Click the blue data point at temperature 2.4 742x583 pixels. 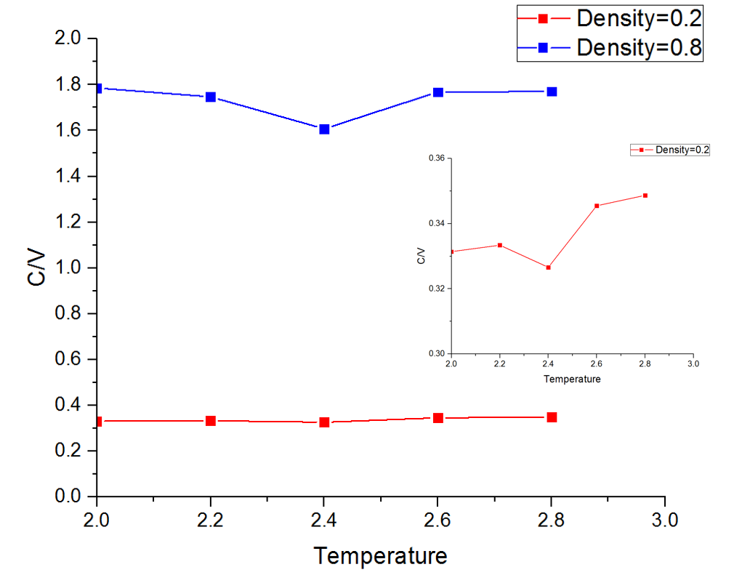tap(324, 129)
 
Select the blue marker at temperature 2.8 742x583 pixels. tap(552, 92)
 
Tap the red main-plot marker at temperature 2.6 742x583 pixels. tap(438, 418)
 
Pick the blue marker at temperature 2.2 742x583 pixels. tap(211, 97)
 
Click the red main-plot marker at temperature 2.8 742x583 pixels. tap(552, 417)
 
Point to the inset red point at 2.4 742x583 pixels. tap(548, 268)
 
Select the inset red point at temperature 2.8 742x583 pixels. tap(645, 196)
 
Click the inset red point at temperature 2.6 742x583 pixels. tap(597, 206)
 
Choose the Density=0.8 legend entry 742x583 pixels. tap(639, 48)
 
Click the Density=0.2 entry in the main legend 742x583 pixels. tap(639, 17)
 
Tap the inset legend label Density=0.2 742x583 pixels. tap(682, 150)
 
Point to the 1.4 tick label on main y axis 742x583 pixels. tap(70, 176)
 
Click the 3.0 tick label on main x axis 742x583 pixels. tap(664, 520)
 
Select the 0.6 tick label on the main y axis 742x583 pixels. tap(70, 359)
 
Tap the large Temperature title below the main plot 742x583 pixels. tap(380, 557)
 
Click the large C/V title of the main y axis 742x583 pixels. tap(41, 268)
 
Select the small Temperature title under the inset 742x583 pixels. tap(572, 379)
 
